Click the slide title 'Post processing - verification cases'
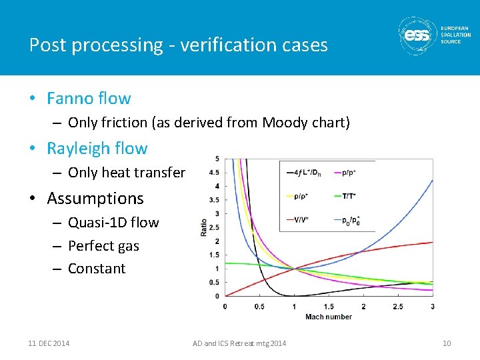179,45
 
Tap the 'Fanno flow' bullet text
89,99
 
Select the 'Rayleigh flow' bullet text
97,149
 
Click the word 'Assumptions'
95,199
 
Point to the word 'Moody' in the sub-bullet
284,123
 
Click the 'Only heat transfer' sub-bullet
127,173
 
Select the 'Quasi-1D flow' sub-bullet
113,223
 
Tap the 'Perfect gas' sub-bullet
103,246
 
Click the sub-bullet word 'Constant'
97,269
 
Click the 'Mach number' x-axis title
329,317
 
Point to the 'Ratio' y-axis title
204,227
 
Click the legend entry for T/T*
349,196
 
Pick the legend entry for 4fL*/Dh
304,173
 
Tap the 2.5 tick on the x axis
397,307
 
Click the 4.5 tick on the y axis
215,172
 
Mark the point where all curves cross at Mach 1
294,269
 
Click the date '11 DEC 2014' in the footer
49,343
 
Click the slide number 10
447,343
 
